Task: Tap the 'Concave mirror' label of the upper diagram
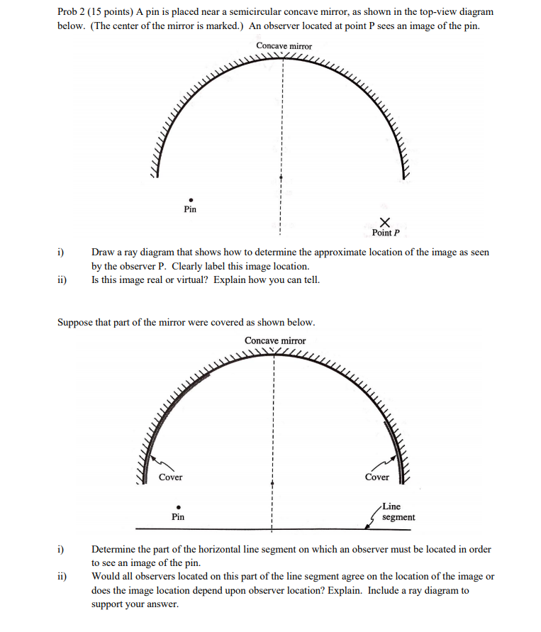(x=284, y=46)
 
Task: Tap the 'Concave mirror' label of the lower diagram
(x=275, y=340)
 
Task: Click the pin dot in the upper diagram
(x=190, y=200)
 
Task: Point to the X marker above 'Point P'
(x=384, y=222)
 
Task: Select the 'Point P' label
(x=386, y=233)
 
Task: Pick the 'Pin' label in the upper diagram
(x=190, y=209)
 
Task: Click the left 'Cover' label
(x=170, y=477)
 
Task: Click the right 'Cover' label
(x=377, y=477)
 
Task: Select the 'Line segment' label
(x=398, y=512)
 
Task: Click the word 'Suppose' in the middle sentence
(x=74, y=322)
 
